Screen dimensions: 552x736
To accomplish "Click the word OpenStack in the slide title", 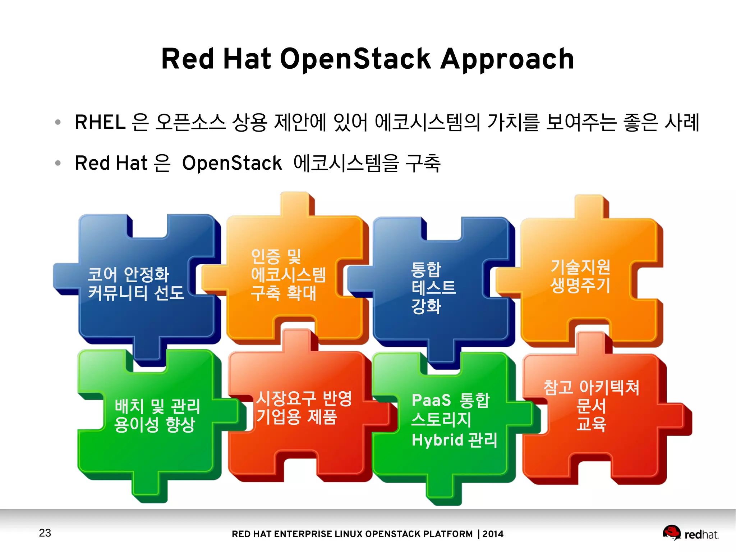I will click(355, 59).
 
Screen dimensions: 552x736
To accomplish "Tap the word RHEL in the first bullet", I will click(100, 122).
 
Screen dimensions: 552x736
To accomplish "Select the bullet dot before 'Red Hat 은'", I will click(58, 163).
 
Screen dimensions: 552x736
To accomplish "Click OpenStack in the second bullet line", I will click(232, 163).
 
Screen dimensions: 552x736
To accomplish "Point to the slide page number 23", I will click(45, 533).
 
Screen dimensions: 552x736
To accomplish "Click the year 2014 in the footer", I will click(493, 534).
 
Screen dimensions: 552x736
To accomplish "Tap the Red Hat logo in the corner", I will click(690, 533).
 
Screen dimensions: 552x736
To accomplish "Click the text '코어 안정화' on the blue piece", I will click(128, 274).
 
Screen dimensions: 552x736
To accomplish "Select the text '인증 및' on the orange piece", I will click(276, 256).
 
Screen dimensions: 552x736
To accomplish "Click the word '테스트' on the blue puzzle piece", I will click(433, 288).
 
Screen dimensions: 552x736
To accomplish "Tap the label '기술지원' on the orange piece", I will click(580, 266).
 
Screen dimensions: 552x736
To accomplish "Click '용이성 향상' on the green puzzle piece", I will click(155, 425).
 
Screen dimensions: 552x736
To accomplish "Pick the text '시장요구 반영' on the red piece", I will click(304, 398).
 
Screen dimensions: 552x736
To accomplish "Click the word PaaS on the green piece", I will click(431, 400).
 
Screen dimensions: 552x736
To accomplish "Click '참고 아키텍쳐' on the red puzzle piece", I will click(591, 388).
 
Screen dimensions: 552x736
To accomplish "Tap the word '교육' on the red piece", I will click(591, 424).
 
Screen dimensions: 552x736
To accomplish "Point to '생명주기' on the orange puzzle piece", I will click(580, 285).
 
